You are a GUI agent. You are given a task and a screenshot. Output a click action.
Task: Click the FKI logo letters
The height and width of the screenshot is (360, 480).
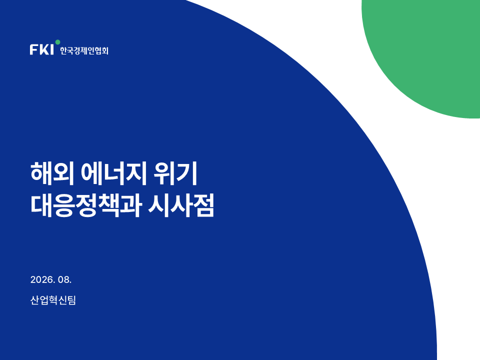41,49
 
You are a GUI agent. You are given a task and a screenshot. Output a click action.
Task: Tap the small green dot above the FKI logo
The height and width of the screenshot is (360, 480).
57,42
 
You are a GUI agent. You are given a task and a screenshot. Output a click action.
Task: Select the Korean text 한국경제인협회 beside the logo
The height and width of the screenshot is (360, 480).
84,50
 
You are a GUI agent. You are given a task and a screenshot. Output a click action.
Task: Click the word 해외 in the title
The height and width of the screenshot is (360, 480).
52,173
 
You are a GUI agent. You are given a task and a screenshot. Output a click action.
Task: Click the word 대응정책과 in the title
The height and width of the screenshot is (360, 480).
85,205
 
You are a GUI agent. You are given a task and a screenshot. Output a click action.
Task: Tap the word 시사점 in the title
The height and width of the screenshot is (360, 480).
181,205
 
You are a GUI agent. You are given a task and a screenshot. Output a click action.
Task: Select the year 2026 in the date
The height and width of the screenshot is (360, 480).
41,279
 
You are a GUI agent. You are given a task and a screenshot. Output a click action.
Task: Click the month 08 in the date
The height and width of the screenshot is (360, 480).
63,279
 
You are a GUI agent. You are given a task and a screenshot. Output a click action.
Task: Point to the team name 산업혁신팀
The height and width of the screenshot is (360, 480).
53,300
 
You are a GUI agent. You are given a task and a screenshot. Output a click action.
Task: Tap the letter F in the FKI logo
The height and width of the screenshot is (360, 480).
33,49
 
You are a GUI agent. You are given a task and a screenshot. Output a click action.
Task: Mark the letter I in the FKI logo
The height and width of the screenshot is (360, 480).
51,49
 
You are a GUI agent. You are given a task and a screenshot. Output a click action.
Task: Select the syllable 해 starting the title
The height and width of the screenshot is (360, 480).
40,173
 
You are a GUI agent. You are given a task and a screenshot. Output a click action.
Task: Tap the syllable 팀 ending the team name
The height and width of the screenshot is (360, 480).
71,300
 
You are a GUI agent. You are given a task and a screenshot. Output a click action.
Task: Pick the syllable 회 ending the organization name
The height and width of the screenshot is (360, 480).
105,50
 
